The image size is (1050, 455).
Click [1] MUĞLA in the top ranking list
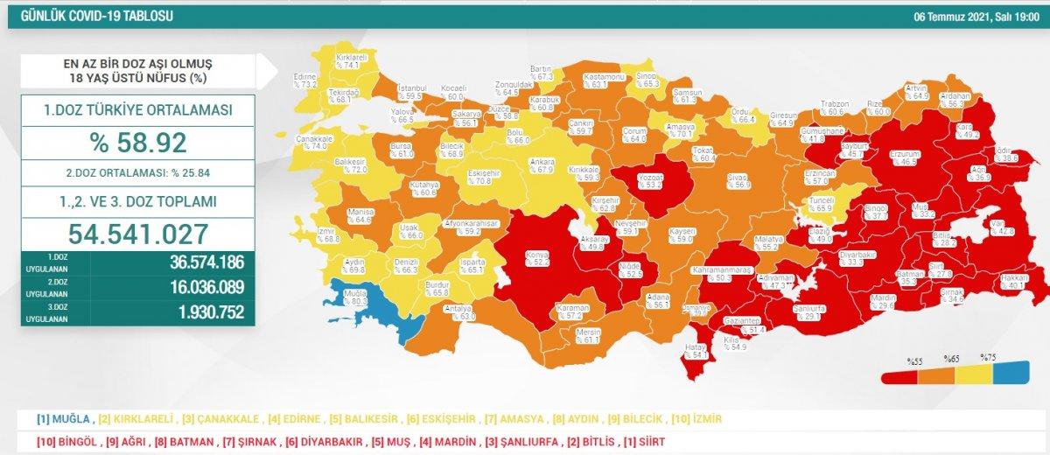coord(61,419)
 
